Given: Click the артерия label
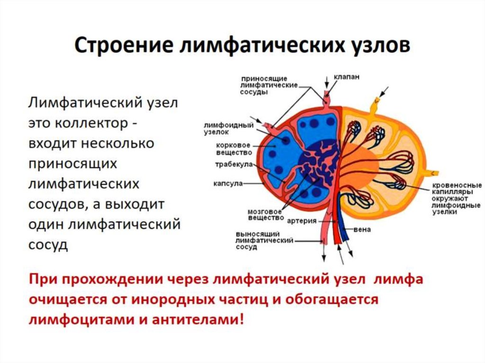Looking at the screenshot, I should click(302, 221).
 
